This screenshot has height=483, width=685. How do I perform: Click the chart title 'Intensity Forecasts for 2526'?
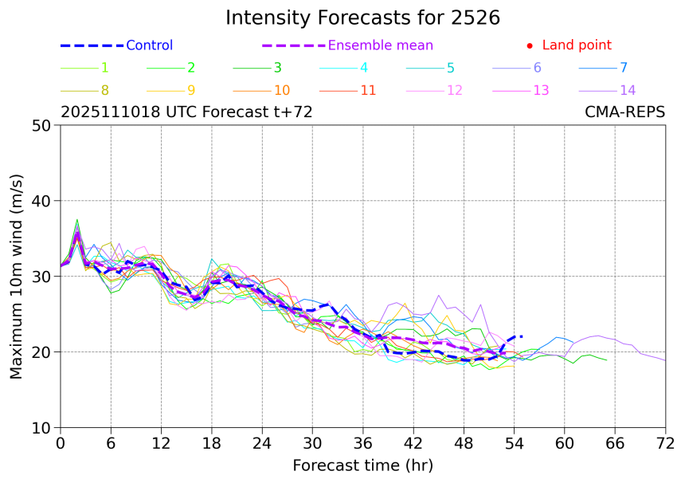[362, 18]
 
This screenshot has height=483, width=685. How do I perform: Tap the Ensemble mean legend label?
[381, 45]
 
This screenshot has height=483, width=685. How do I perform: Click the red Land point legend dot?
[530, 46]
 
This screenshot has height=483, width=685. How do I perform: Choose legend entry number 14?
[628, 90]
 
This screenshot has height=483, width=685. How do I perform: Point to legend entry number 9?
[191, 90]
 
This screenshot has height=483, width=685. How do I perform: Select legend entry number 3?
[277, 68]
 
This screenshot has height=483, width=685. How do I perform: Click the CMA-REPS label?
[625, 112]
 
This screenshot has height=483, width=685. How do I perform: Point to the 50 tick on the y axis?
[44, 125]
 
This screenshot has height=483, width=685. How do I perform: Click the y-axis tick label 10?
[44, 428]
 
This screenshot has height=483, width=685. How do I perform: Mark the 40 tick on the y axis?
[44, 201]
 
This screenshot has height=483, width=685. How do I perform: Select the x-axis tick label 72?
[665, 443]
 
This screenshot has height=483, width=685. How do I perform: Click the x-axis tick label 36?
[362, 443]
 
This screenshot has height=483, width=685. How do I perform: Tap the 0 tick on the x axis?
[61, 443]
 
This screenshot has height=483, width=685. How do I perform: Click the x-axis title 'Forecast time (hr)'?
[362, 465]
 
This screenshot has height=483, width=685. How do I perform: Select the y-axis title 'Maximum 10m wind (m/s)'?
[17, 277]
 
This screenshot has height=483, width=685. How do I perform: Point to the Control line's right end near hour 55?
[522, 336]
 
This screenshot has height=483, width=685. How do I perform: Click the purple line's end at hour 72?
[665, 361]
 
